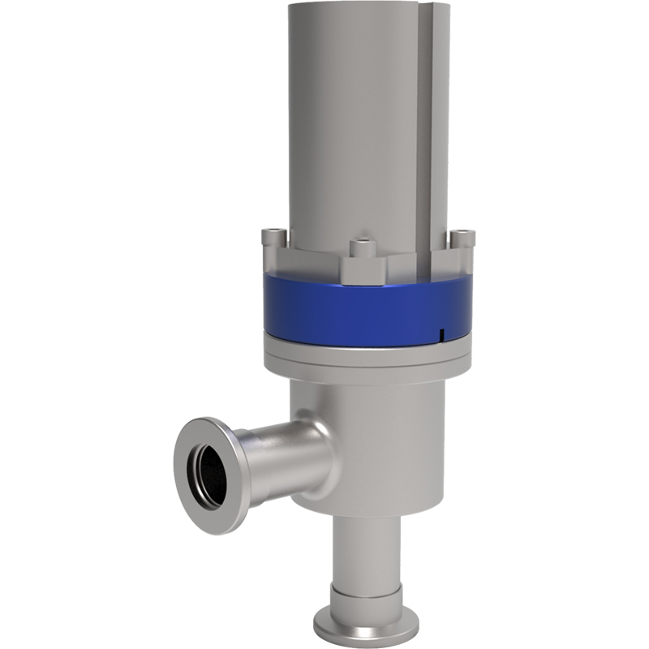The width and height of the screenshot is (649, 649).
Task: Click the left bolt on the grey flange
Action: [273, 237]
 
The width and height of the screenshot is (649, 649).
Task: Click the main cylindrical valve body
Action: [381, 438]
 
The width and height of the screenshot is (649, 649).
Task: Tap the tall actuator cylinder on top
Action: [357, 122]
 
